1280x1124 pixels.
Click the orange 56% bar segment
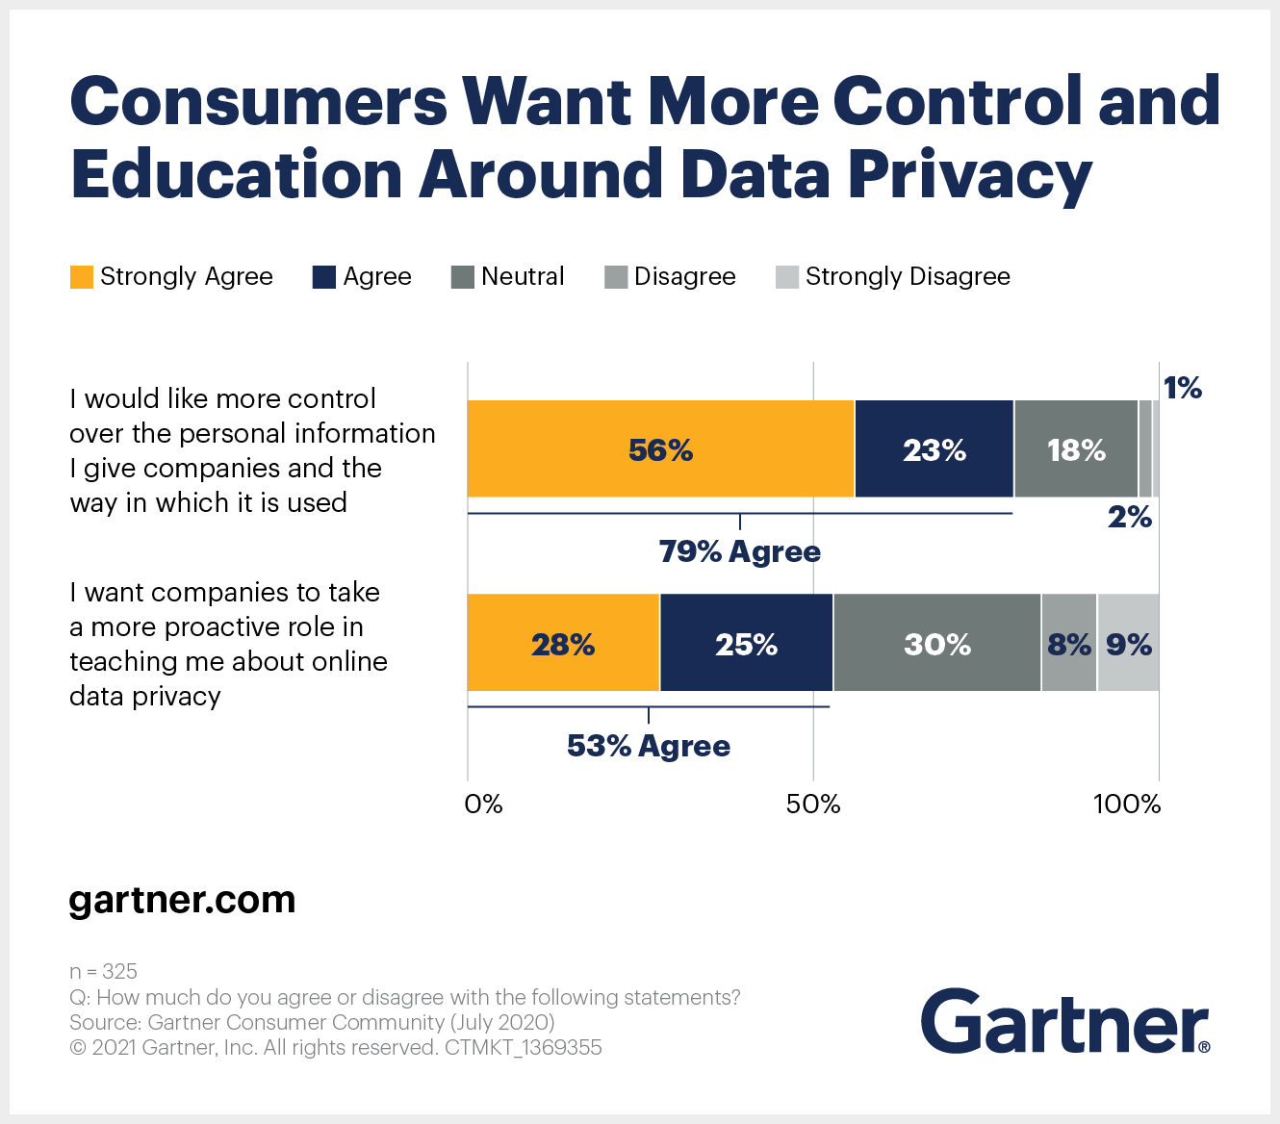[660, 449]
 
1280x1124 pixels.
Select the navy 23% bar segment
[934, 449]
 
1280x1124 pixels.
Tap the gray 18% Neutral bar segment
[1076, 449]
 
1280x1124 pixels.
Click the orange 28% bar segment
[563, 643]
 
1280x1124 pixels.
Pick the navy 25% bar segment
[746, 643]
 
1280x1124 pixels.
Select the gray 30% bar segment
[936, 643]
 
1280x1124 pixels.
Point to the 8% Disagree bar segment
[1068, 643]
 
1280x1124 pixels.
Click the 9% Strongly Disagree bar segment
[1128, 643]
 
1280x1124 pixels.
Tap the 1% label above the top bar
[1182, 388]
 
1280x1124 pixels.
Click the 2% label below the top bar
[1129, 517]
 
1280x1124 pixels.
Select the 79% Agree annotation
[739, 551]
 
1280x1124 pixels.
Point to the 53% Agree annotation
[648, 746]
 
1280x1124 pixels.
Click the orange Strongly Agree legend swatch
[82, 277]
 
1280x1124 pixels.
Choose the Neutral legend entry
[508, 277]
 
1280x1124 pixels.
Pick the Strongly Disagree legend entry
[893, 277]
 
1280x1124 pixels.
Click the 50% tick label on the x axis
[813, 805]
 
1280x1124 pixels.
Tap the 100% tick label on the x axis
[1126, 805]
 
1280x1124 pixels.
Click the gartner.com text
[182, 900]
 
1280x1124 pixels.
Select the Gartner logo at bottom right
[1064, 1022]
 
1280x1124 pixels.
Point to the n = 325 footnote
[103, 971]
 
